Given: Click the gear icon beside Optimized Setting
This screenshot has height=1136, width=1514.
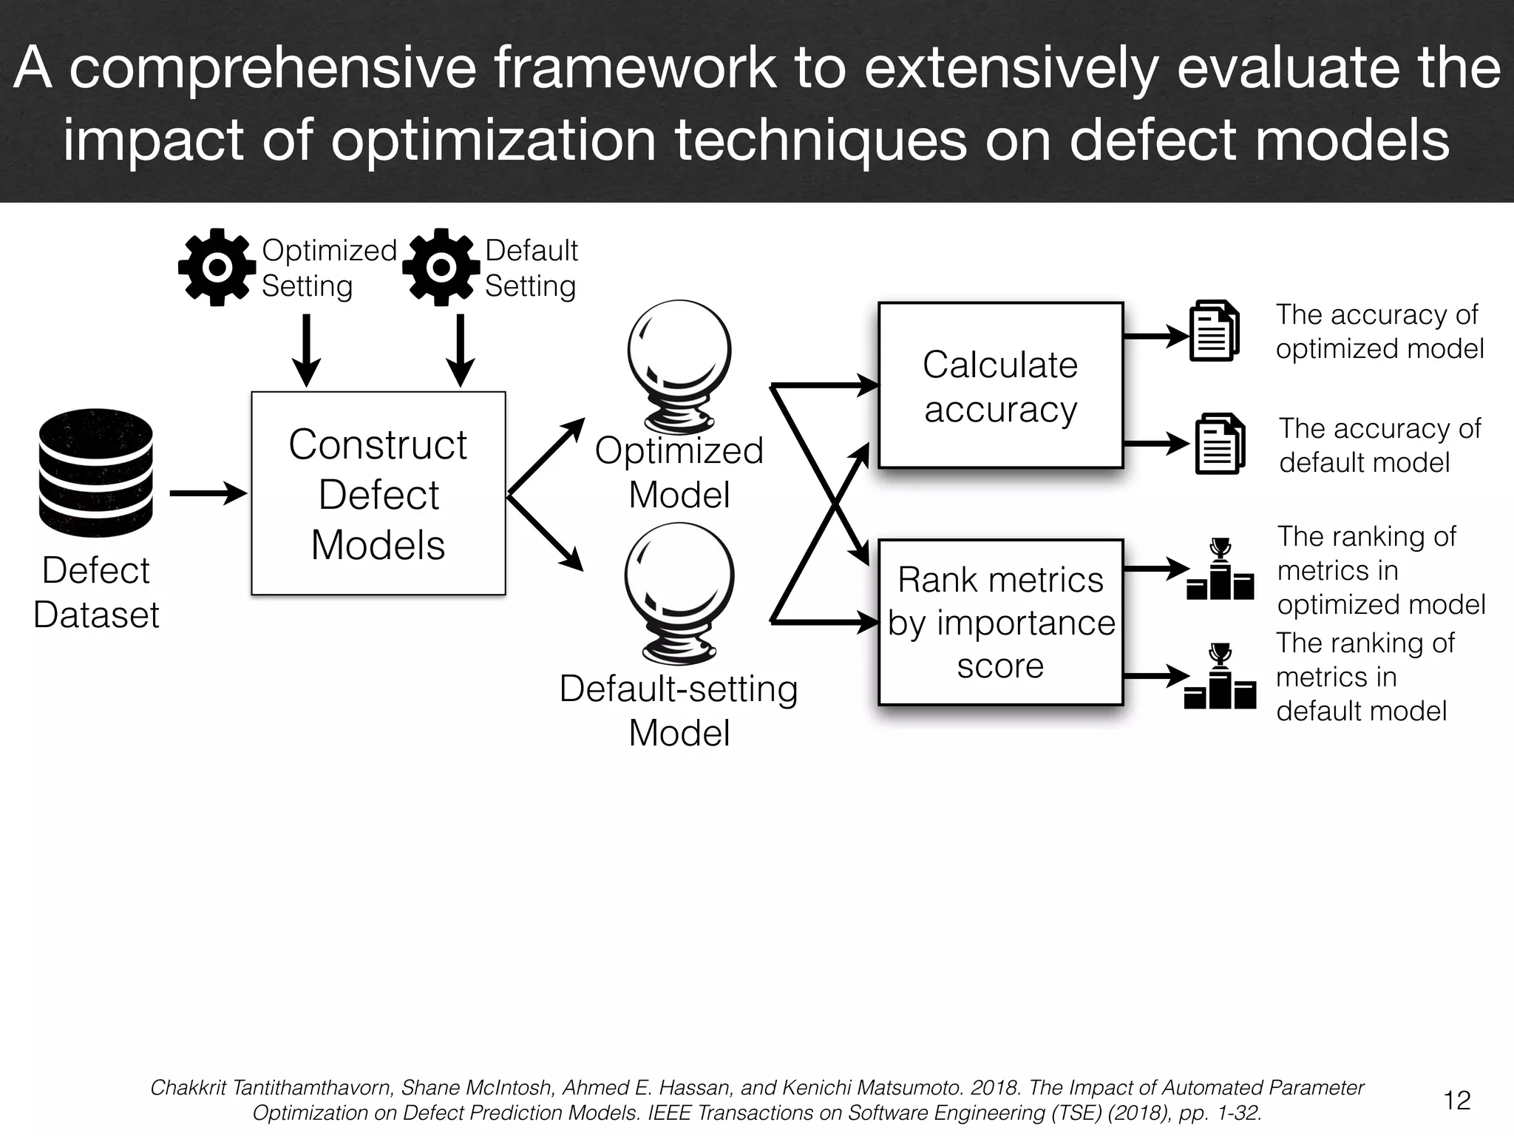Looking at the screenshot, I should (217, 268).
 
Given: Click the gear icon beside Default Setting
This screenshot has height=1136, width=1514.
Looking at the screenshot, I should (441, 268).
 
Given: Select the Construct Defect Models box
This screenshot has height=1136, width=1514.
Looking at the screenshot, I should (378, 493).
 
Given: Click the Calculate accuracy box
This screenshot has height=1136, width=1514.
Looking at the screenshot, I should (1000, 385).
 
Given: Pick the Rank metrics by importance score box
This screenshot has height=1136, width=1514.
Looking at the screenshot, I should (1000, 622).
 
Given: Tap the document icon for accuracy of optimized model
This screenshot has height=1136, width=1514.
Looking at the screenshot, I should (1214, 331).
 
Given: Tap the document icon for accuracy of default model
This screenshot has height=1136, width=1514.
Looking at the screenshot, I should (1220, 444).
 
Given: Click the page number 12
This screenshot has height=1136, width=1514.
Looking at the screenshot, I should (1456, 1100).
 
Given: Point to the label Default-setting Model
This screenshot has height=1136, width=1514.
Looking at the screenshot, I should (679, 710).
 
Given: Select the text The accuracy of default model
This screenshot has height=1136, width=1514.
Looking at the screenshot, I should (1379, 445).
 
